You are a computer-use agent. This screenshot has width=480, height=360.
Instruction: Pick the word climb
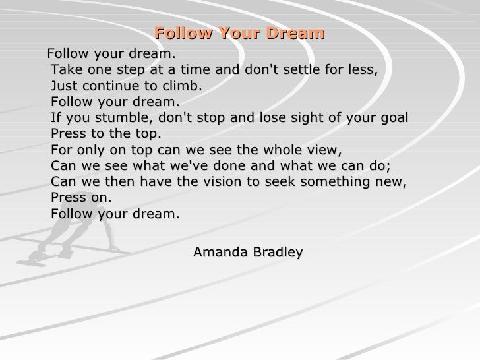coord(182,86)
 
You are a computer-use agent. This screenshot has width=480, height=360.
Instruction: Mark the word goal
coord(394,119)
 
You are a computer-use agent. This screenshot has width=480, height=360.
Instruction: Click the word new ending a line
coord(391,183)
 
